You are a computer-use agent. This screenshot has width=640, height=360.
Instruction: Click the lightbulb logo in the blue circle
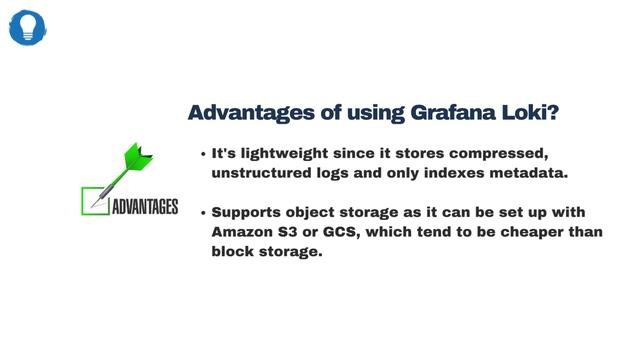tap(27, 27)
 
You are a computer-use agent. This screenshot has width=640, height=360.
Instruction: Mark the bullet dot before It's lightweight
tap(203, 155)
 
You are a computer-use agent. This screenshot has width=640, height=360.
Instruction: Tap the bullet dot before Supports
tap(203, 214)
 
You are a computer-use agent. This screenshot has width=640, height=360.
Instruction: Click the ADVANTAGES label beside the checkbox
tap(144, 207)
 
